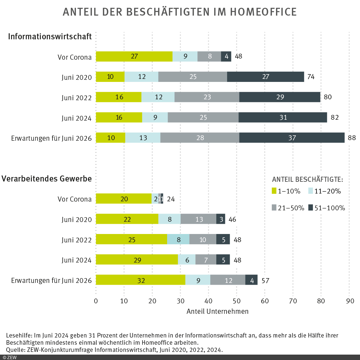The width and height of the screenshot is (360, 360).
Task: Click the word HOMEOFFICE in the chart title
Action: [263, 12]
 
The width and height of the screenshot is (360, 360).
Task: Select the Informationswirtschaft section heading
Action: [50, 37]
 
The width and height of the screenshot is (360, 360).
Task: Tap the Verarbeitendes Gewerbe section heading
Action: [46, 179]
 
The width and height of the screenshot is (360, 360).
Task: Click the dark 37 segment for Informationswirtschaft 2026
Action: [292, 138]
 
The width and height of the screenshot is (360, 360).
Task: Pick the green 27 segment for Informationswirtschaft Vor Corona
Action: [134, 56]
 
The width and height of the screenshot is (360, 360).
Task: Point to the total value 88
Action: [352, 138]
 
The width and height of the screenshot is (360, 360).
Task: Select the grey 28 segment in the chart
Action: [200, 138]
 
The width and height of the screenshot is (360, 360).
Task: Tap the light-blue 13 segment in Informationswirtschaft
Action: [143, 138]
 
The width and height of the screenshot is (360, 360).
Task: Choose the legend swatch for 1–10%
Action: [274, 191]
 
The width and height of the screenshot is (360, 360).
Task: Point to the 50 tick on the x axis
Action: [237, 301]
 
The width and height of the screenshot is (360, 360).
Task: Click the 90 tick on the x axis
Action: [350, 301]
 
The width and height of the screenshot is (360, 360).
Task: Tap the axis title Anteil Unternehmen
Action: [217, 311]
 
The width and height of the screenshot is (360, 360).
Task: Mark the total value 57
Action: [265, 280]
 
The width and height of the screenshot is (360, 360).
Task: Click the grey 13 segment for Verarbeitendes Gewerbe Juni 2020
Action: [199, 219]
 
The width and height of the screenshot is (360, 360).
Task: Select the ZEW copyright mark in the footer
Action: [10, 357]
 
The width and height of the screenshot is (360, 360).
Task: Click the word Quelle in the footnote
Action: [15, 350]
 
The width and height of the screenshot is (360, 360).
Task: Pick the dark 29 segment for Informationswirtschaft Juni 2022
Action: [280, 97]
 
